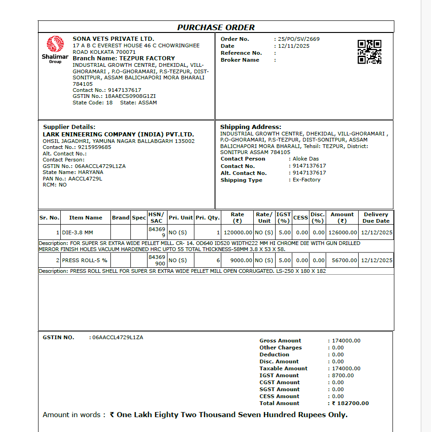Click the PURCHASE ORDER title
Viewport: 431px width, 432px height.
click(x=216, y=27)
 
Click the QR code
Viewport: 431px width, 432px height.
click(x=369, y=52)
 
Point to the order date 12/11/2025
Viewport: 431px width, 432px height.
click(x=294, y=46)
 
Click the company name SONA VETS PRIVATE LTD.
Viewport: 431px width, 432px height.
click(x=113, y=39)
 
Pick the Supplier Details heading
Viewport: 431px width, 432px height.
click(x=69, y=127)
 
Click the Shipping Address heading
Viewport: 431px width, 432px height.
click(x=251, y=127)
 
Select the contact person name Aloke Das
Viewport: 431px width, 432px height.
click(x=306, y=159)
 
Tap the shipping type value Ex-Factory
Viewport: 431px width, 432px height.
click(x=306, y=180)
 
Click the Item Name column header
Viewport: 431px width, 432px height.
click(x=86, y=218)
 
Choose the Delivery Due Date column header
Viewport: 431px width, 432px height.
click(x=376, y=218)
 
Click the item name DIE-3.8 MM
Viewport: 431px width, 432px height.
click(x=77, y=232)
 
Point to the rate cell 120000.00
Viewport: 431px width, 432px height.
click(x=238, y=232)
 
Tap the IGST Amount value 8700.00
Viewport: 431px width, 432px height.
click(x=343, y=375)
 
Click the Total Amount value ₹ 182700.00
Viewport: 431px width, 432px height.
click(x=350, y=403)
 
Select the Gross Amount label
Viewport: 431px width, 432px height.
click(x=280, y=341)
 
